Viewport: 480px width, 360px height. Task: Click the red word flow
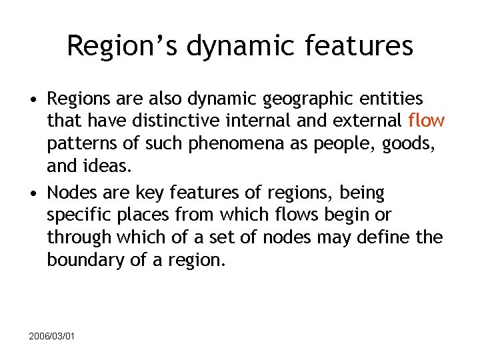426,121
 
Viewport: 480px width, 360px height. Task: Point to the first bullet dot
32,100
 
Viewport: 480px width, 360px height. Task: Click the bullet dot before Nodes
32,193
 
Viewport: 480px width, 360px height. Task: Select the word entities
393,99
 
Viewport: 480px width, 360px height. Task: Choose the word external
366,121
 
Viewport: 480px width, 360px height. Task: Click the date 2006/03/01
52,336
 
